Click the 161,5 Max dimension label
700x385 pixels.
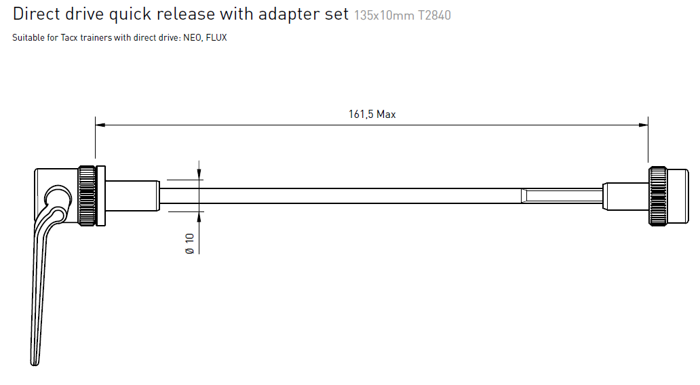click(372, 115)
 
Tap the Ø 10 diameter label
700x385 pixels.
click(190, 243)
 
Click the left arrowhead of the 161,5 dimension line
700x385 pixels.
click(99, 124)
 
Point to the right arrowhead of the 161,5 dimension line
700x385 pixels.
click(644, 124)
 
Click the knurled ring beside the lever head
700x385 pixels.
click(87, 195)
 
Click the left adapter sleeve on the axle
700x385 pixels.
click(132, 195)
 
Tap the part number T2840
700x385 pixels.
click(434, 15)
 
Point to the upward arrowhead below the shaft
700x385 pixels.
click(199, 216)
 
